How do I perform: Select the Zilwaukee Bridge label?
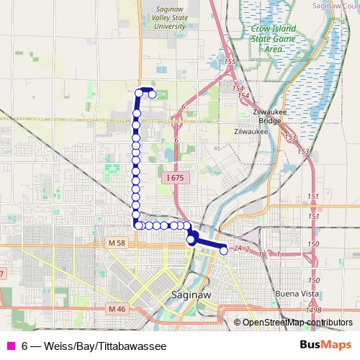tap(251, 117)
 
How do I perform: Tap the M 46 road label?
tap(117, 308)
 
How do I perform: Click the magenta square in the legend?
tap(10, 345)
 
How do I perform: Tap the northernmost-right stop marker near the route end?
tap(152, 94)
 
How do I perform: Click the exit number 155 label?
tap(230, 63)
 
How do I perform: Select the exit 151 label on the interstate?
tap(312, 197)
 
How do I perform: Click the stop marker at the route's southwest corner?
tap(137, 225)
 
